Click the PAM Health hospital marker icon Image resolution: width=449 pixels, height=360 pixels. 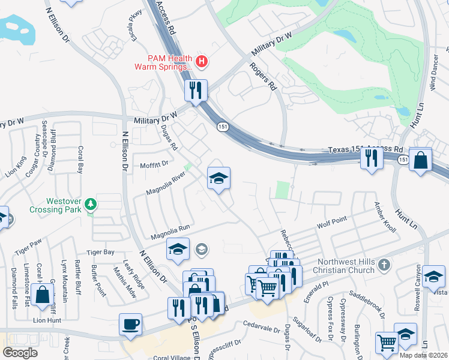[202, 61]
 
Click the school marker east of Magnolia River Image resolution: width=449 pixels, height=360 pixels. [218, 178]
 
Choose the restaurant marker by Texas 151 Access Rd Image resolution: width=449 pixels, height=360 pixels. [372, 158]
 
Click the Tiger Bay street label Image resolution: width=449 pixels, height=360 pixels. [100, 253]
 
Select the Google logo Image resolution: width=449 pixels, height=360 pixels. [20, 352]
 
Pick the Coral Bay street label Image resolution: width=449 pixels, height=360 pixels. [79, 160]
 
